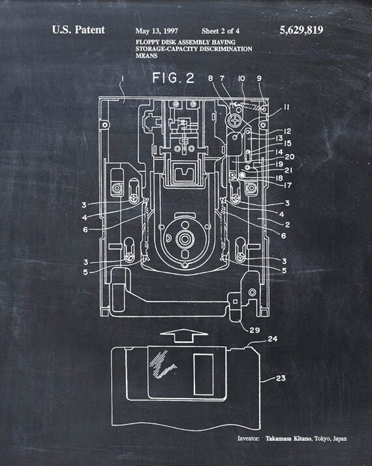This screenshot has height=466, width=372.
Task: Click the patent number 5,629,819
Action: (301, 30)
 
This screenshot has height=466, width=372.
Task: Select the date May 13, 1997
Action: (157, 31)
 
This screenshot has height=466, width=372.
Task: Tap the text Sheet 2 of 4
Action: (221, 31)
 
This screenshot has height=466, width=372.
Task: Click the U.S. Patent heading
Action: (78, 30)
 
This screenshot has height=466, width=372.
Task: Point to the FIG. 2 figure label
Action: (174, 78)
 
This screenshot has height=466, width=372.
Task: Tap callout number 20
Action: (290, 156)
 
